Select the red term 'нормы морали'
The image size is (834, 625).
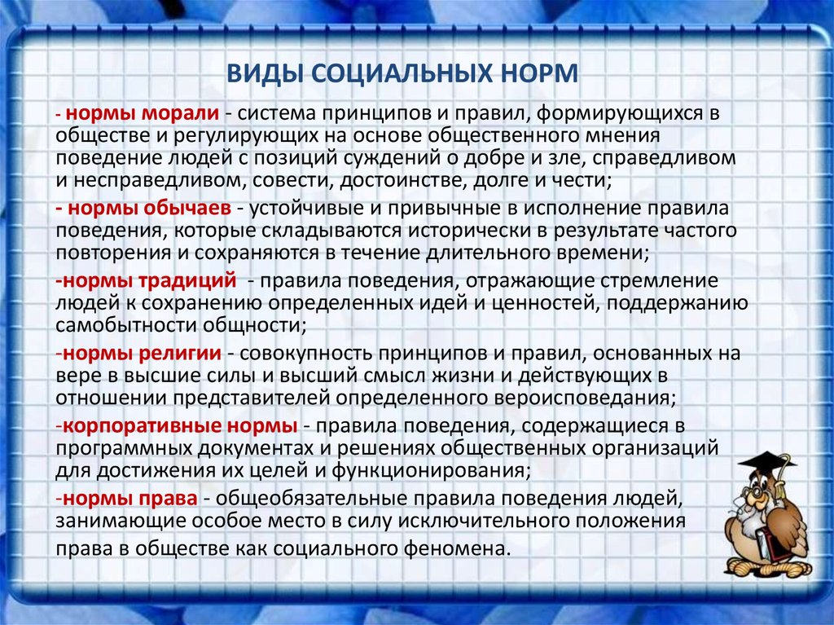click(x=143, y=113)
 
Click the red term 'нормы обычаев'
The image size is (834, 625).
click(x=150, y=208)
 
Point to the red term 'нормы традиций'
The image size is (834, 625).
click(x=150, y=280)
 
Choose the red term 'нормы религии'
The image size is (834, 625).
click(x=142, y=353)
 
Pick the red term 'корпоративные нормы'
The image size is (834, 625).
click(x=180, y=426)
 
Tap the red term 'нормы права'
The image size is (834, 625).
click(x=130, y=499)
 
